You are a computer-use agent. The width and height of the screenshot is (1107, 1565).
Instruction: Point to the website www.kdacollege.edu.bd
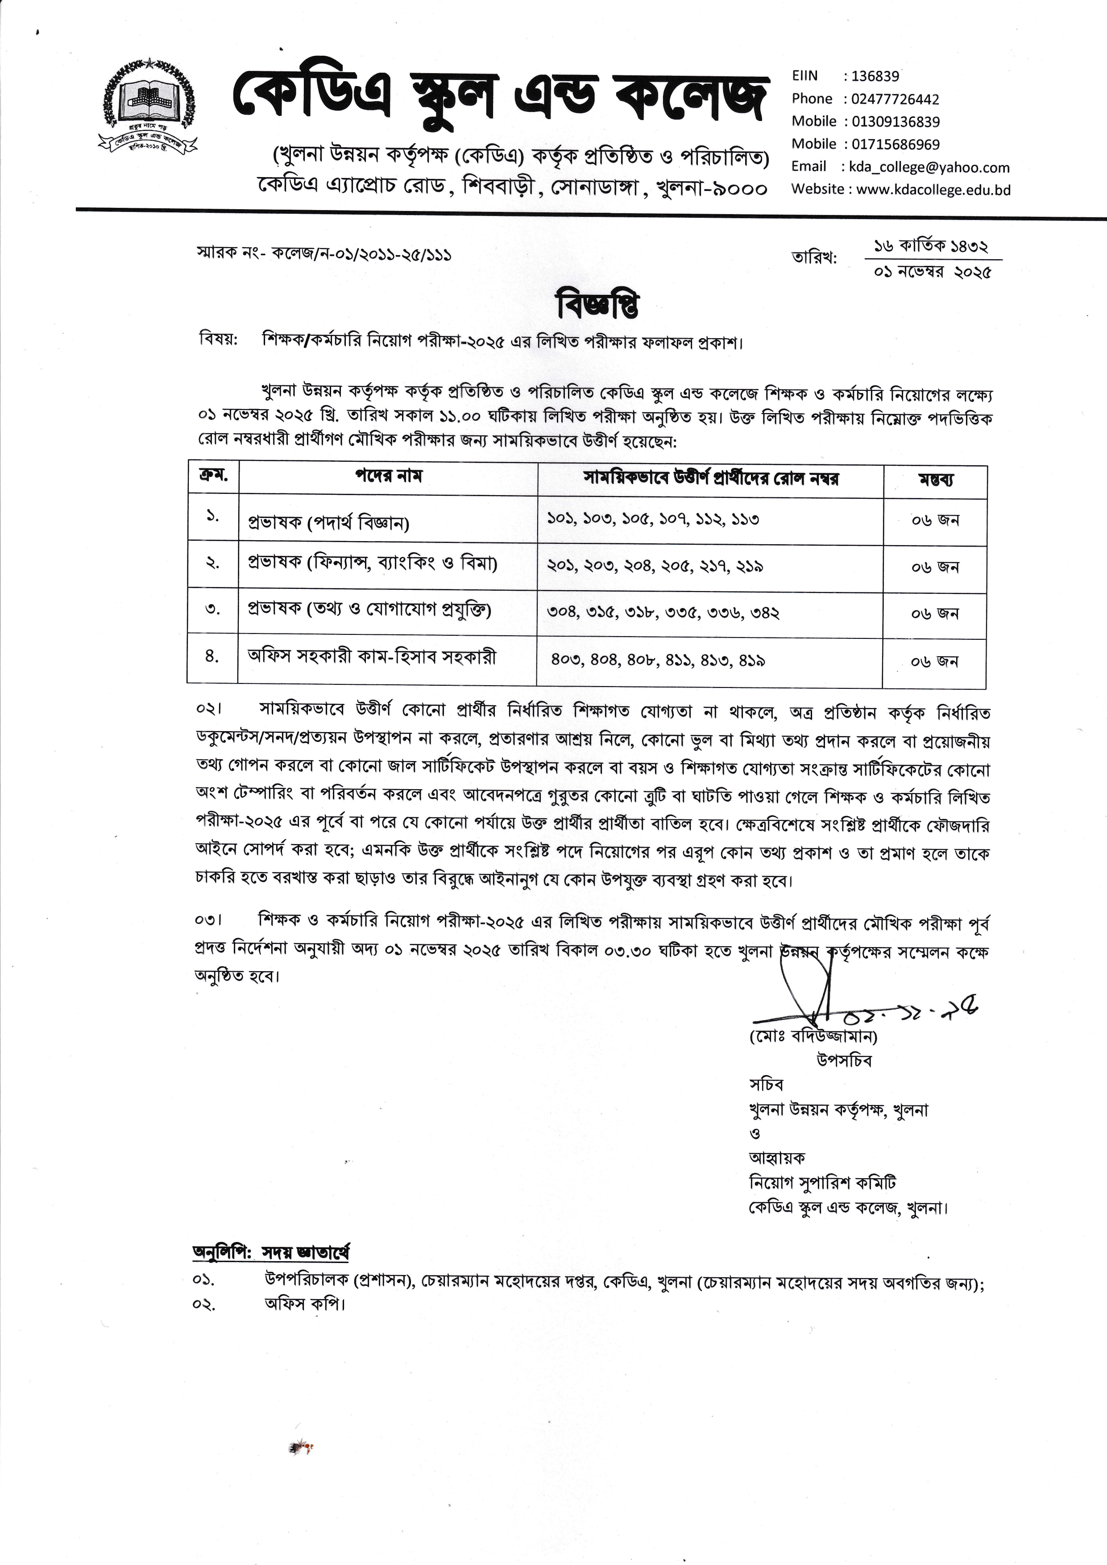click(x=933, y=190)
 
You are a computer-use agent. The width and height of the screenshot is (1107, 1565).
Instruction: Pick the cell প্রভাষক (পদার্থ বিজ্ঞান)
click(x=328, y=523)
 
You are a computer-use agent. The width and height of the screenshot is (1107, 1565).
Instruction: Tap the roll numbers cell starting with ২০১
click(x=655, y=566)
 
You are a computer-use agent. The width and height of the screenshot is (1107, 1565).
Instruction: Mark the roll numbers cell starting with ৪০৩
click(x=658, y=660)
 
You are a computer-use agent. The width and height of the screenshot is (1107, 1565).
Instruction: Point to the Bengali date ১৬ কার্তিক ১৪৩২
click(x=931, y=246)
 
